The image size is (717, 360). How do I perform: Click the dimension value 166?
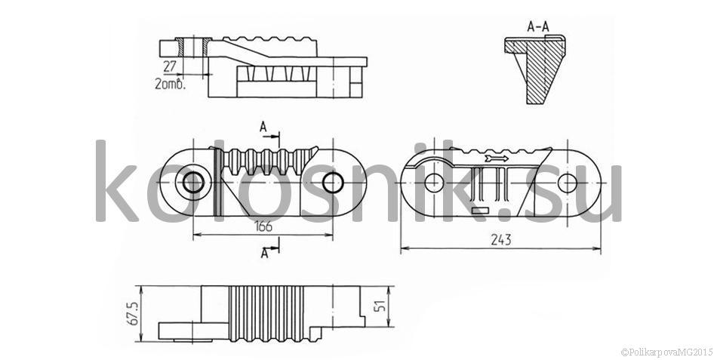264,226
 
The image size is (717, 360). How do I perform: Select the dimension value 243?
500,239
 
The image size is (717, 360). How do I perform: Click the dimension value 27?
170,66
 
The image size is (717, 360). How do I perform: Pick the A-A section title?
537,27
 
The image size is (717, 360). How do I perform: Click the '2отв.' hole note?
171,85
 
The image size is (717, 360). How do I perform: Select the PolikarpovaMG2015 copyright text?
666,352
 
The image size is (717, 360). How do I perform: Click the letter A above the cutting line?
263,128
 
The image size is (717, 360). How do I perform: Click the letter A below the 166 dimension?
264,253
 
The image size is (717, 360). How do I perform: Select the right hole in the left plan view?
333,183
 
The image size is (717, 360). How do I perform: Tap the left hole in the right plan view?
433,183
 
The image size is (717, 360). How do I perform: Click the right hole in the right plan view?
568,183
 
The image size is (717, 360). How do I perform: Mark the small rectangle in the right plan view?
480,211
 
